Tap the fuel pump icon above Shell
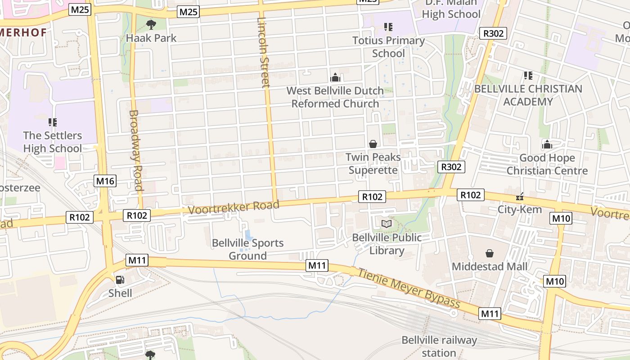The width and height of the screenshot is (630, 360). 120,280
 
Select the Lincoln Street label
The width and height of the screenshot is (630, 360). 264,52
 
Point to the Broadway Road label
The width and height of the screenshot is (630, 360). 135,151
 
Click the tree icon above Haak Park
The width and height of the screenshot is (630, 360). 151,24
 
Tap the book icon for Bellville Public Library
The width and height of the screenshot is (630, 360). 387,224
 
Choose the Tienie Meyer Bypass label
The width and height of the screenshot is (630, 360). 409,288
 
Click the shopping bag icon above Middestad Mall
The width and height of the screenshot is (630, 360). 490,254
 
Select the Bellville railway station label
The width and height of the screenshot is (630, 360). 439,346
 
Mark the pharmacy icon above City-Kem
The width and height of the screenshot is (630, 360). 520,197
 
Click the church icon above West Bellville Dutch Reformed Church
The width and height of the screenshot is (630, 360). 335,77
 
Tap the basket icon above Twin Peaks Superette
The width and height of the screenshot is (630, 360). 373,144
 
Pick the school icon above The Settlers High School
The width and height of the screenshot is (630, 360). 53,122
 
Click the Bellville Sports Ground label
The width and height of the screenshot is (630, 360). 247,249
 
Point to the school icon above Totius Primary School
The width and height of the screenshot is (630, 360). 388,27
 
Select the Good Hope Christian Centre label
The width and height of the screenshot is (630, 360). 547,164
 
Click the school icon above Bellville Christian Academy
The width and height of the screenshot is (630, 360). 528,76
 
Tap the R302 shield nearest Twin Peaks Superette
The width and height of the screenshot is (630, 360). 451,167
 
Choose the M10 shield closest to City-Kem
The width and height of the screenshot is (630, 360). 561,219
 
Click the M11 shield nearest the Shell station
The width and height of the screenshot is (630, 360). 137,260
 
